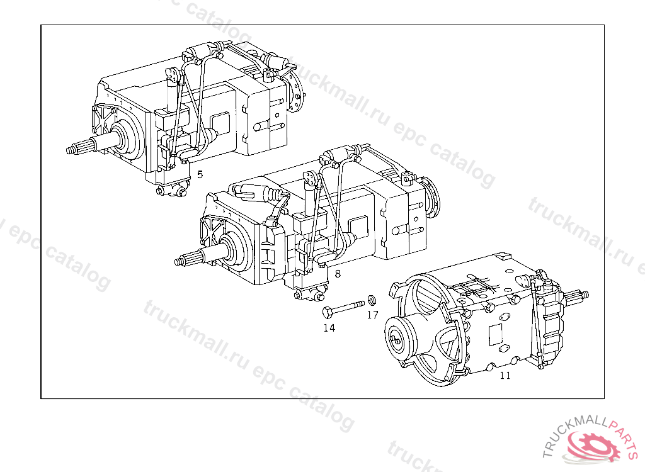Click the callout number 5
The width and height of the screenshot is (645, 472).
tap(200, 174)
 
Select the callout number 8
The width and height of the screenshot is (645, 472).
tap(338, 273)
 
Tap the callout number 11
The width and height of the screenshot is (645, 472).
tap(505, 375)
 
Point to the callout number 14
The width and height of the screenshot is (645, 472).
tap(329, 328)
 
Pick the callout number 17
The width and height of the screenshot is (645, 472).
tap(372, 315)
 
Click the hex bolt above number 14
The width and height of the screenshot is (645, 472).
tap(343, 308)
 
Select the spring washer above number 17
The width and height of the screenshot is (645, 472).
tap(372, 300)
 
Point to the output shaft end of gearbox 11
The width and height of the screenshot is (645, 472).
tap(579, 295)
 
